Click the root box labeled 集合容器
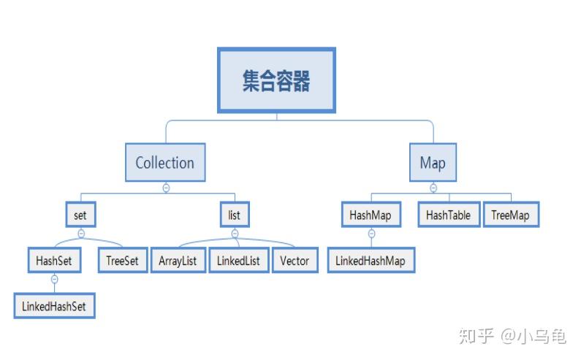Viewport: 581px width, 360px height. (276, 80)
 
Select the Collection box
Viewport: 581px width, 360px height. (165, 162)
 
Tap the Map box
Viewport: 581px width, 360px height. (433, 162)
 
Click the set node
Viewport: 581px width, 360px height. (80, 215)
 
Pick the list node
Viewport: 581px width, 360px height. (235, 215)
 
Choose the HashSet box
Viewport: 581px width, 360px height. (54, 260)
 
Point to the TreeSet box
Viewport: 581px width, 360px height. (122, 260)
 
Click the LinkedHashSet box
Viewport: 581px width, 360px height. (54, 306)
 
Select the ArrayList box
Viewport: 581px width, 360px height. (178, 261)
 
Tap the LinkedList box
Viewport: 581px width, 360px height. (238, 261)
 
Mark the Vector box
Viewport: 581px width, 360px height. (295, 261)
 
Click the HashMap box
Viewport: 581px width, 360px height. (370, 215)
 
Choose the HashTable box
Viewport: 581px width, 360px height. (448, 215)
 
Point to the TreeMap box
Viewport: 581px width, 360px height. (511, 215)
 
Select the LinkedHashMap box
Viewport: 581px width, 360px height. (370, 260)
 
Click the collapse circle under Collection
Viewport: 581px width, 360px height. (166, 188)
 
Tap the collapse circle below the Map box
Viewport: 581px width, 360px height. (433, 188)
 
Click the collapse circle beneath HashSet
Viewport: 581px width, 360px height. (54, 279)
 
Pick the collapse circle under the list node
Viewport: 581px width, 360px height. (235, 234)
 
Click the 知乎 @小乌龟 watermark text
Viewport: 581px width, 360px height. (512, 336)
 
